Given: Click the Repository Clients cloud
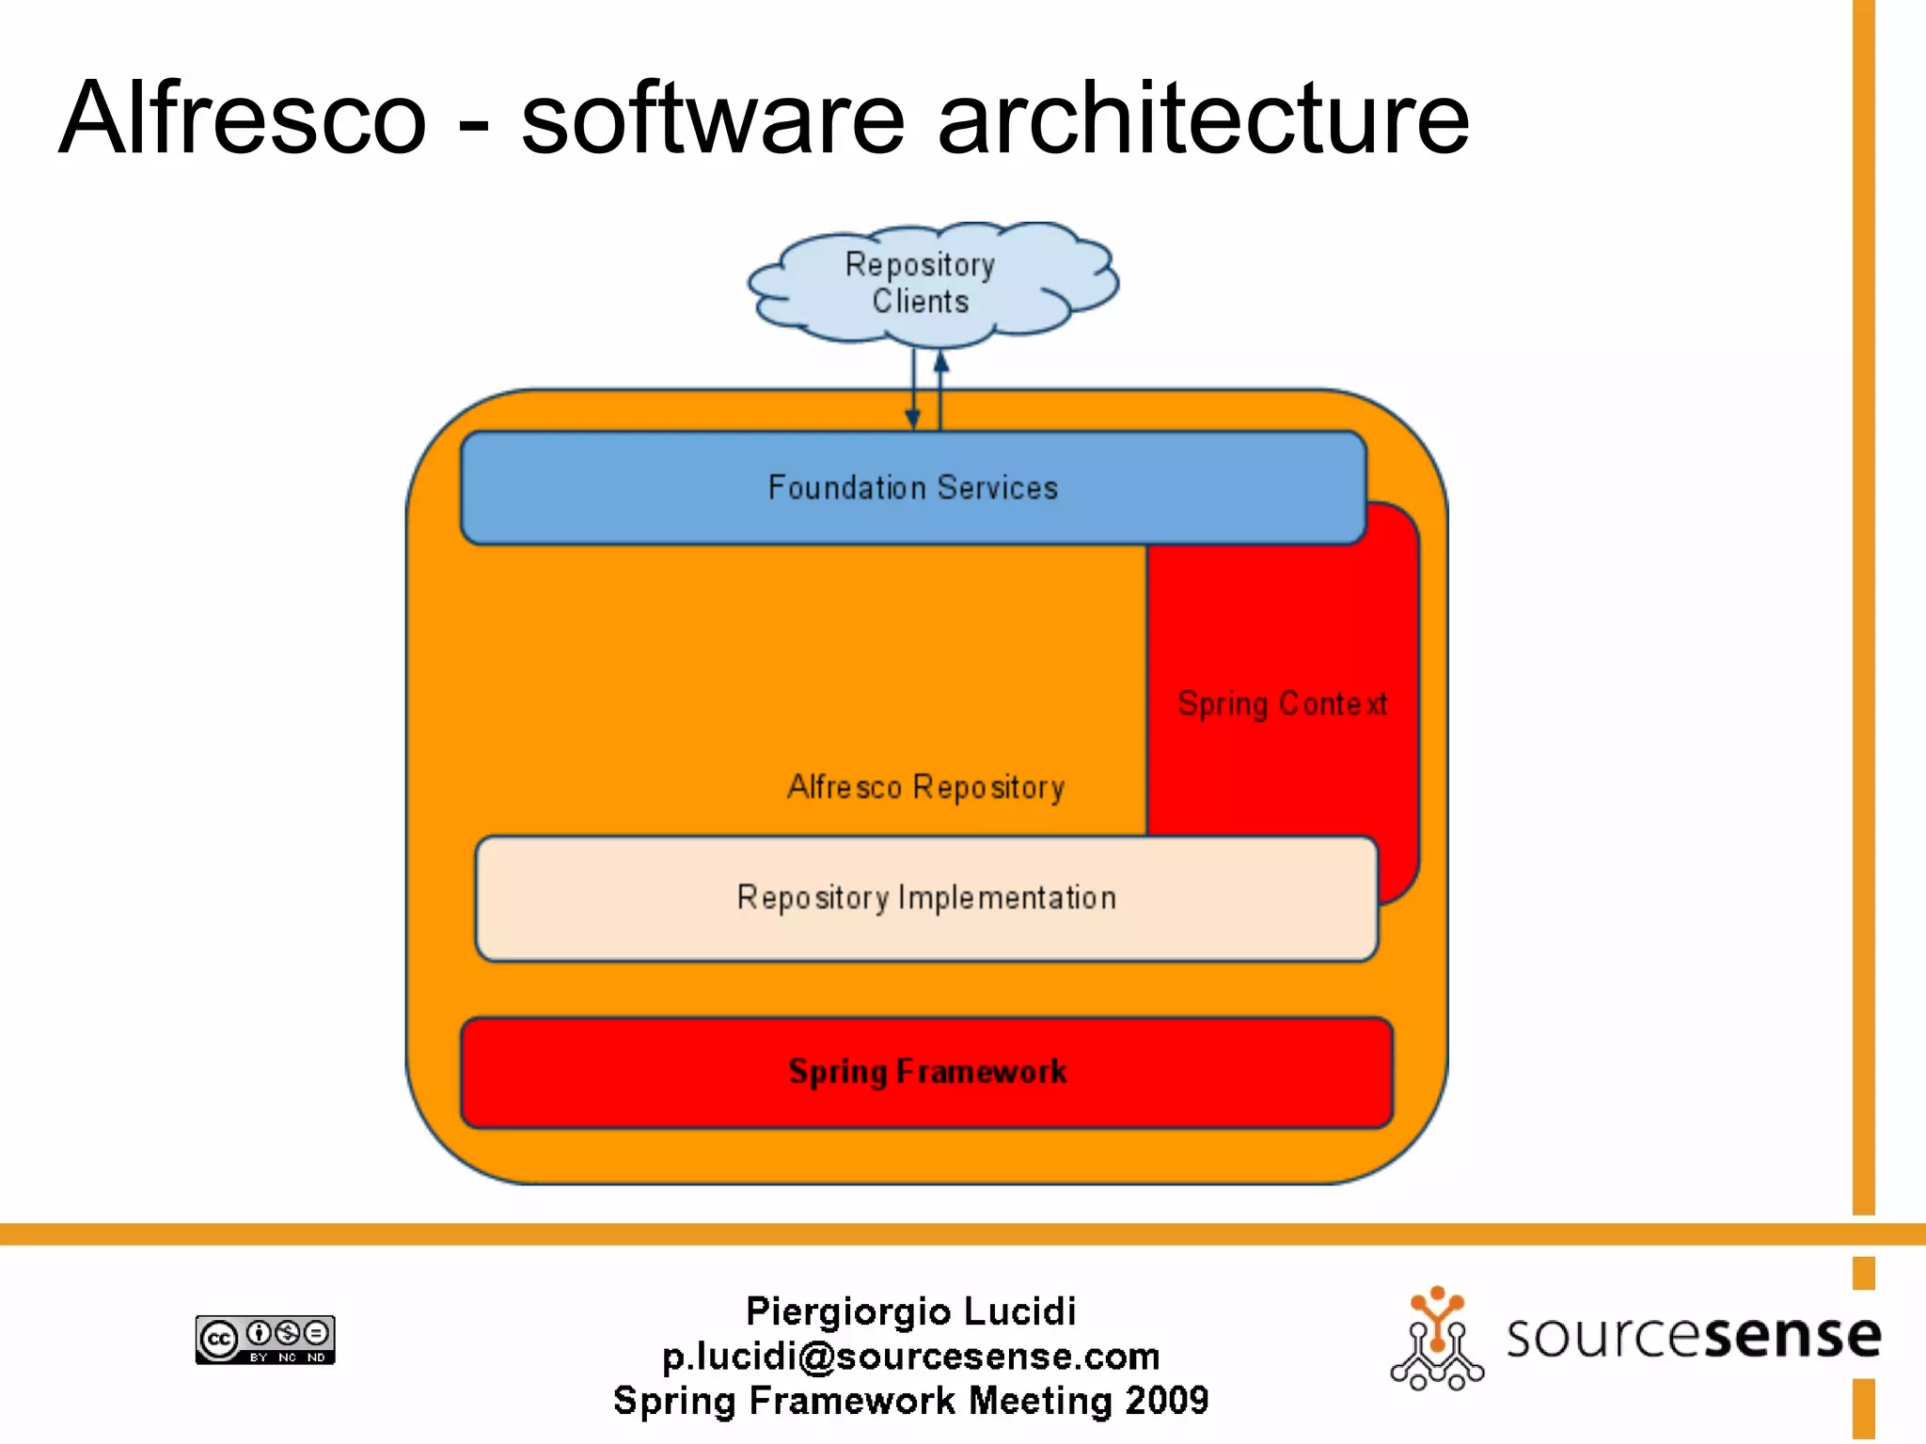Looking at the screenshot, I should point(931,282).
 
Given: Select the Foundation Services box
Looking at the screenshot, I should point(912,488).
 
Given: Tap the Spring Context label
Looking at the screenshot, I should point(1282,703).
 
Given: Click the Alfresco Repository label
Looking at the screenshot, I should point(925,787).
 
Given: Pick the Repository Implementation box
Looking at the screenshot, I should point(926,898).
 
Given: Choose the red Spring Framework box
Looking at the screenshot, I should point(926,1072).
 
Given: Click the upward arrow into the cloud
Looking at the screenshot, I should point(940,385).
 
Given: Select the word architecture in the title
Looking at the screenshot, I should point(1203,118).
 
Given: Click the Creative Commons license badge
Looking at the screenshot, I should point(265,1339).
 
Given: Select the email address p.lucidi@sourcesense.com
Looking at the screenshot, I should point(910,1356).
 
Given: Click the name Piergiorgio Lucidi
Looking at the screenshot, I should point(910,1311).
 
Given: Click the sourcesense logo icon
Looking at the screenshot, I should point(1436,1339).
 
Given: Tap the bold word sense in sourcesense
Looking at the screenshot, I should point(1792,1335).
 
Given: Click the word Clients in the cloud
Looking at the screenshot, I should point(920,302).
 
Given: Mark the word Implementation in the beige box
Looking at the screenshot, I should point(1007,898).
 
